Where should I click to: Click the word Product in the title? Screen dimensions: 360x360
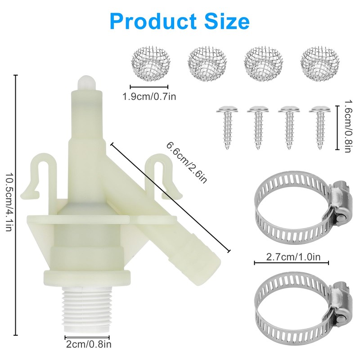click(x=153, y=21)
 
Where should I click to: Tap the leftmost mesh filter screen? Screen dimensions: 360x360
click(x=151, y=64)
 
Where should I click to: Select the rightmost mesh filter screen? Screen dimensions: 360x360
click(x=320, y=64)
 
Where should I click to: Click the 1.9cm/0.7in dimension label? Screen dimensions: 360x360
click(x=149, y=96)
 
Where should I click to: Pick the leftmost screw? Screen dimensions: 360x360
click(x=227, y=127)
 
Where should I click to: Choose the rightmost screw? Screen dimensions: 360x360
click(x=320, y=127)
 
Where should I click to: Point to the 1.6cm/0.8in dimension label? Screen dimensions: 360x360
click(x=348, y=126)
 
